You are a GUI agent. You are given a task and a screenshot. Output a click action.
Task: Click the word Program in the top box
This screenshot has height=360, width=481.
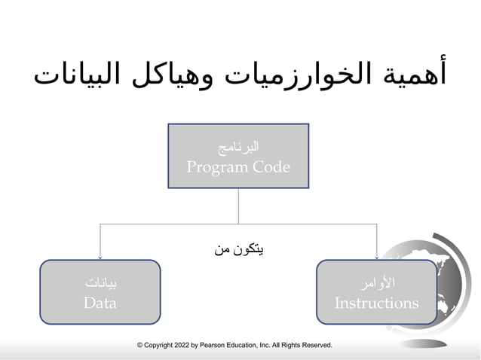217,167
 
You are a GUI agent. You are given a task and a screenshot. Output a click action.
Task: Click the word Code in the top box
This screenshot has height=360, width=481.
271,167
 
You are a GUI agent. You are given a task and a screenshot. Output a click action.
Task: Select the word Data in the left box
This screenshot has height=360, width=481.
100,304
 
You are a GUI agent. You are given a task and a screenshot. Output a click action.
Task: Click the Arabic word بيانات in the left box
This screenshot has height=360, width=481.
101,283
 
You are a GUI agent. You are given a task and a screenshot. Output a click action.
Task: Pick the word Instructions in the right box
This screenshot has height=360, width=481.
376,304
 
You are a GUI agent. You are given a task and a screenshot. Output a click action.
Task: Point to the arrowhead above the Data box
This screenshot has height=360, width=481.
101,256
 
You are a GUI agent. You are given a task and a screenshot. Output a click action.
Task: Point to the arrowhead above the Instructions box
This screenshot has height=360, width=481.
376,256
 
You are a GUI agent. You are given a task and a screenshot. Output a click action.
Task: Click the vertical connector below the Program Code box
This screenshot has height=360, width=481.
238,205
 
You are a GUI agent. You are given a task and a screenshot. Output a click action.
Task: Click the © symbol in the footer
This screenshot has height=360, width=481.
140,346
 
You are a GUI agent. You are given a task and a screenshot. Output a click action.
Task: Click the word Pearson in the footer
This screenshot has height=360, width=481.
213,346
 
